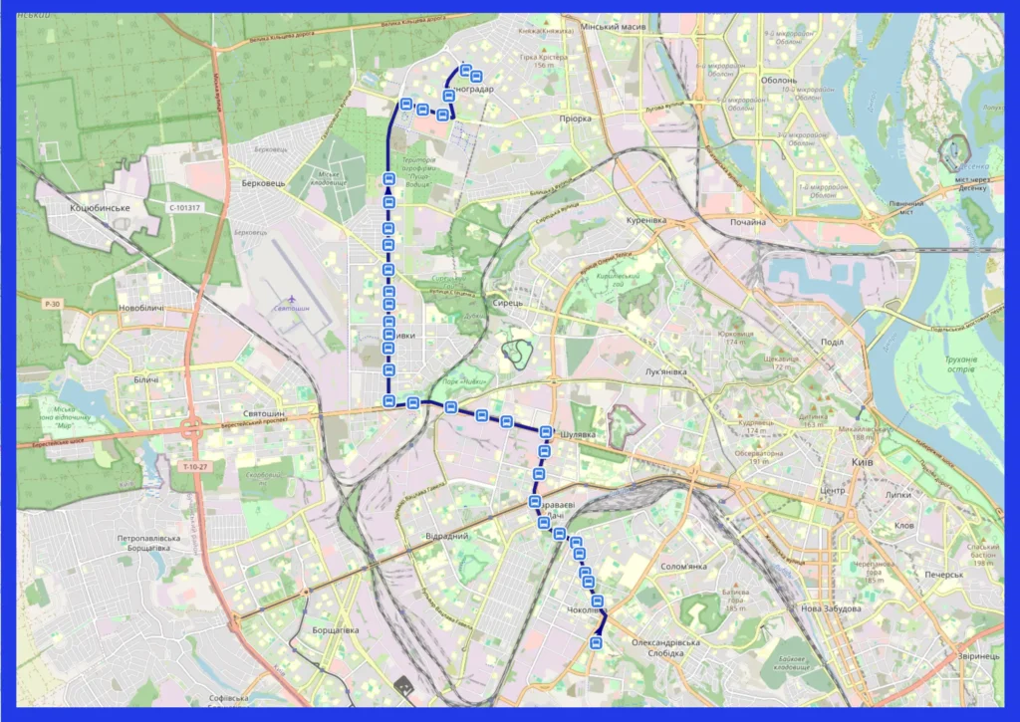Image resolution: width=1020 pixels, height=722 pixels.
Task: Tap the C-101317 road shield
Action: [x=183, y=208]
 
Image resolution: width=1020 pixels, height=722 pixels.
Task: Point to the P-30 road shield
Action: [x=53, y=303]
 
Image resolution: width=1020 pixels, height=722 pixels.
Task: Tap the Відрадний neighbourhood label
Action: [x=446, y=536]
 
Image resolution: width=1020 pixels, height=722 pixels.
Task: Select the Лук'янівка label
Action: [x=666, y=371]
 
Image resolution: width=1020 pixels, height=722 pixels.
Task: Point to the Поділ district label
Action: [x=831, y=342]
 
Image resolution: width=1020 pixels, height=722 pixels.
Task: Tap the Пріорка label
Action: [x=575, y=119]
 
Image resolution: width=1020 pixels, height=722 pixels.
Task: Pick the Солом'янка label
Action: [x=683, y=567]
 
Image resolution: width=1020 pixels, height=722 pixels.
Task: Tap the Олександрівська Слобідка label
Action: [x=665, y=648]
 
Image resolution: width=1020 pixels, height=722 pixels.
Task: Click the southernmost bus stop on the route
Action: [x=596, y=643]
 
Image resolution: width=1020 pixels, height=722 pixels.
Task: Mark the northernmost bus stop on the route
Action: [x=465, y=69]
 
